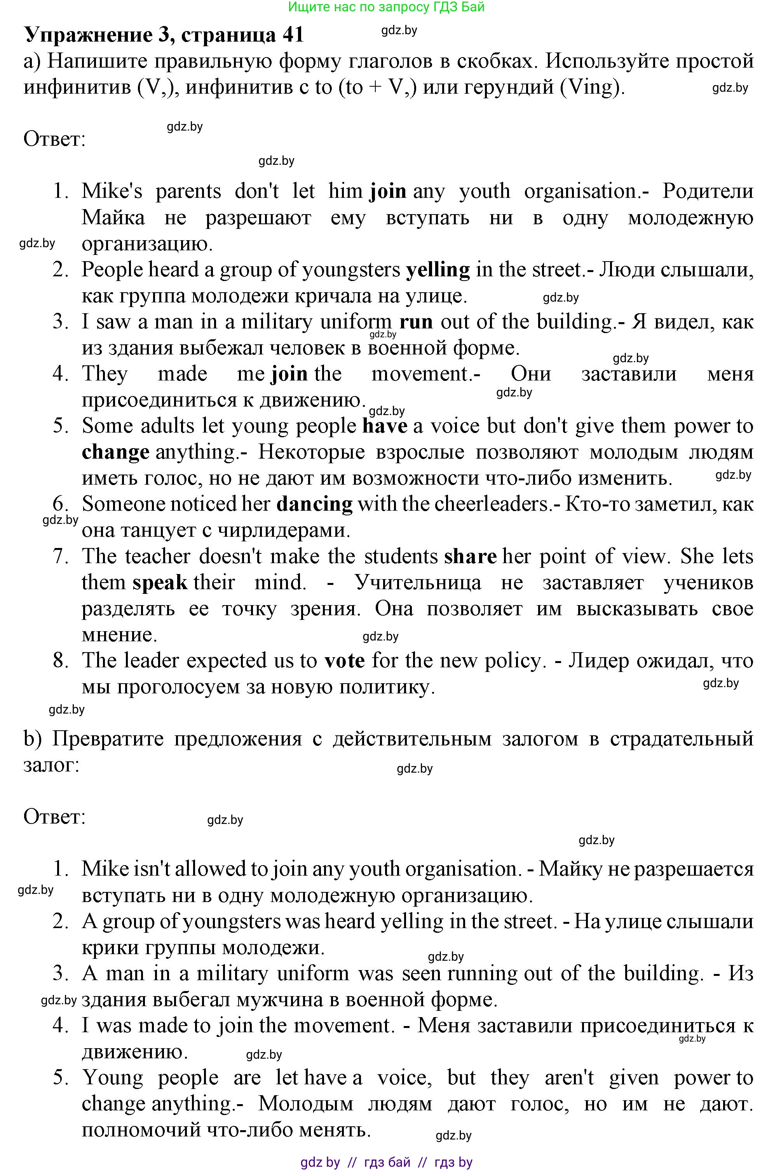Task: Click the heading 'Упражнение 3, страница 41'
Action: coord(164,35)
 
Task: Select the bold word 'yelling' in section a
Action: coord(438,270)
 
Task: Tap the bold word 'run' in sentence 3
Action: coord(416,322)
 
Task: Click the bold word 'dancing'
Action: coord(314,504)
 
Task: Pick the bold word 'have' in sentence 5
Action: coord(385,426)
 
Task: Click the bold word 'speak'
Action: coord(160,583)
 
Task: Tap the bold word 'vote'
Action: coord(345,661)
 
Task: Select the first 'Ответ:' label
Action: coord(54,139)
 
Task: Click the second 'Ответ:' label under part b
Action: coord(54,817)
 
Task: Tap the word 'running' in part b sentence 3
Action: coord(483,974)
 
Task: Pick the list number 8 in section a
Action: coord(60,661)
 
